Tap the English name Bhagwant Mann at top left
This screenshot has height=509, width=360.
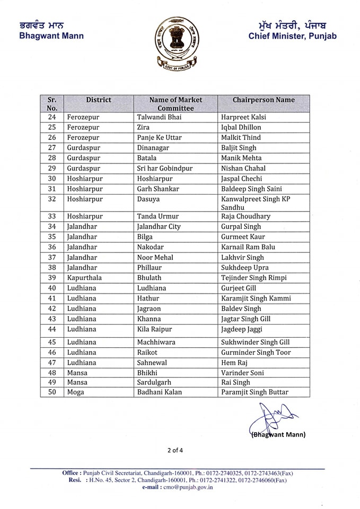(x=51, y=36)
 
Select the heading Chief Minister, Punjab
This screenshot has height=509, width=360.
(x=292, y=36)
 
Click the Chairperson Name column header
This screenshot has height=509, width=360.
(x=264, y=100)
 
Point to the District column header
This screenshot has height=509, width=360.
(x=99, y=100)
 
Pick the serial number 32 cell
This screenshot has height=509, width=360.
(x=52, y=199)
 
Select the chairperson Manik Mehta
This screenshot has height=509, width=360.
(x=241, y=158)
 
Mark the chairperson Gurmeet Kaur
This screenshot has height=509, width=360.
(x=243, y=237)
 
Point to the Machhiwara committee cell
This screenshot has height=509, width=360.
(x=156, y=342)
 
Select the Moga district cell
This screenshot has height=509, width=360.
(x=76, y=392)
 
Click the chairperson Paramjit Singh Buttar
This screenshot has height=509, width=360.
(x=254, y=392)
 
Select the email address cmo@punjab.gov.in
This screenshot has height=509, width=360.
(x=187, y=487)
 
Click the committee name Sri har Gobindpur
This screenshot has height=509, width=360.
(x=165, y=168)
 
